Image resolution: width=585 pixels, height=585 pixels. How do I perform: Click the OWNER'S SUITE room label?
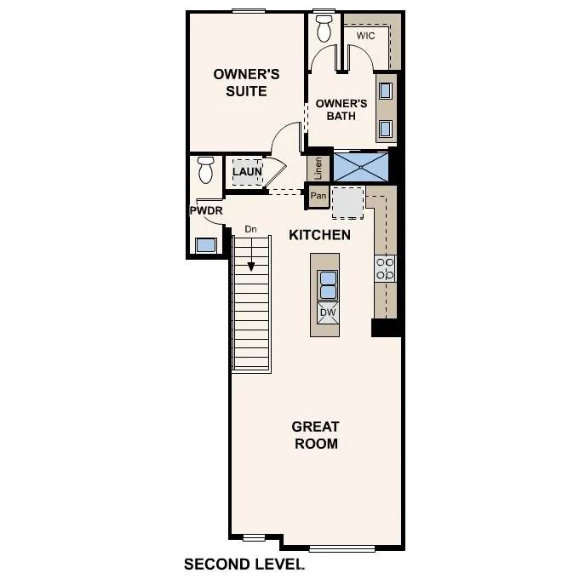(x=240, y=83)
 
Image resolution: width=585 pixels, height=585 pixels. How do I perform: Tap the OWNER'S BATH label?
(x=341, y=110)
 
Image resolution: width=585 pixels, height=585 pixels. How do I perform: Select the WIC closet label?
(x=366, y=37)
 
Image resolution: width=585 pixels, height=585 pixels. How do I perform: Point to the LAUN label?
(x=247, y=172)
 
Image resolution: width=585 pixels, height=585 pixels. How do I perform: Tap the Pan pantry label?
(x=318, y=197)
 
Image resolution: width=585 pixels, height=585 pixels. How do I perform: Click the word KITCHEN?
(x=319, y=235)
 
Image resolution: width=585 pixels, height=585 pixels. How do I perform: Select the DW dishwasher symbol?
(x=328, y=313)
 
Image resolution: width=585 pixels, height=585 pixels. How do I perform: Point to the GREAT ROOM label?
(x=315, y=435)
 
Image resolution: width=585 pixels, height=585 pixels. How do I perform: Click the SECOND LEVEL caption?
(x=244, y=564)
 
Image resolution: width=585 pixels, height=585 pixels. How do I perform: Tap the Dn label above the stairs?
(x=250, y=229)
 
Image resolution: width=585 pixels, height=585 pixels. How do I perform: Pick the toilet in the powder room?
(x=205, y=170)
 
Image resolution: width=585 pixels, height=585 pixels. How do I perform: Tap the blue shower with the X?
(x=361, y=166)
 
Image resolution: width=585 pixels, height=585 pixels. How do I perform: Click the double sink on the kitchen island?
(x=328, y=284)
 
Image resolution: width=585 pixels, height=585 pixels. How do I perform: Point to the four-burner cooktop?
(x=385, y=269)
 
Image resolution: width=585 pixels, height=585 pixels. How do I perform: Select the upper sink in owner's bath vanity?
(x=385, y=90)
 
